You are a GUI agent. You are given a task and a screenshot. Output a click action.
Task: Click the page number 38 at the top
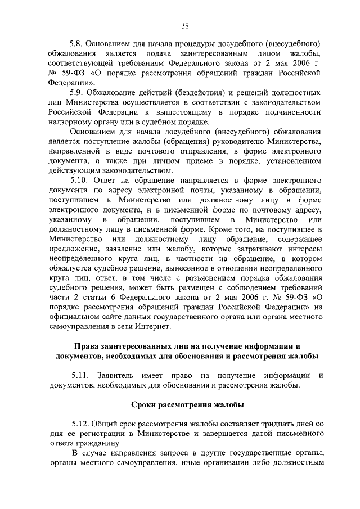pyautogui.click(x=184, y=25)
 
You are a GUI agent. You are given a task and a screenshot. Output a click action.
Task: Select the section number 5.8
pyautogui.click(x=77, y=43)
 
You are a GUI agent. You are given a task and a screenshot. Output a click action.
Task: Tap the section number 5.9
pyautogui.click(x=77, y=93)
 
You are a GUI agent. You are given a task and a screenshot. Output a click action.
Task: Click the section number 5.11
pyautogui.click(x=80, y=375)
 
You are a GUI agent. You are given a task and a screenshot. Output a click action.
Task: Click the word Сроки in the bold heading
pyautogui.click(x=146, y=404)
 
